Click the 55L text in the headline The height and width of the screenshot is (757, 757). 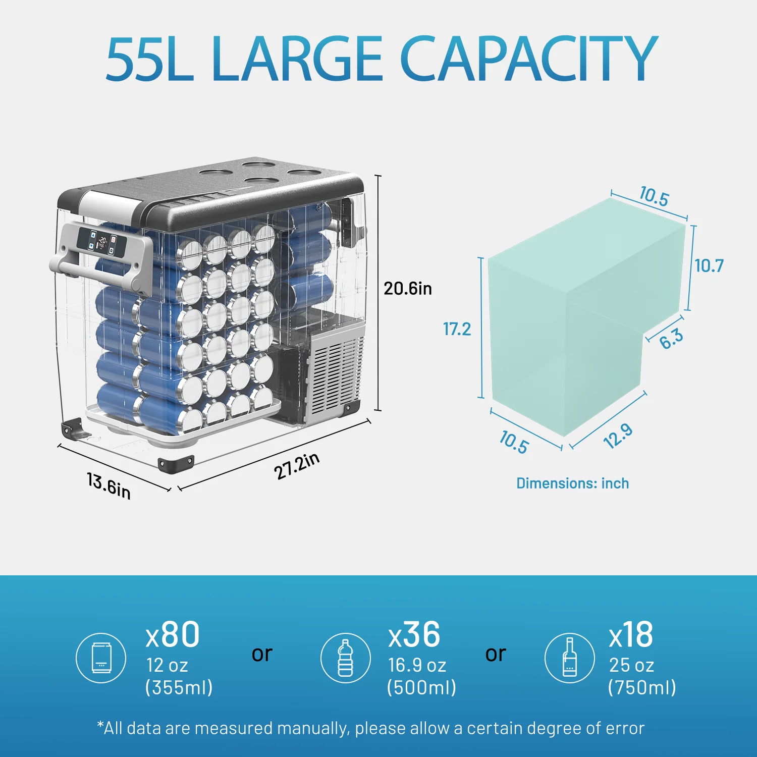pos(149,59)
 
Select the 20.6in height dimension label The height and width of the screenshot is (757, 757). pos(408,289)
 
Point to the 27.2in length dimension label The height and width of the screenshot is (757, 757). pos(297,466)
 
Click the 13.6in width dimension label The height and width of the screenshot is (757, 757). pos(109,485)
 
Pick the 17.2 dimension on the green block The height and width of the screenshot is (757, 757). pos(457,329)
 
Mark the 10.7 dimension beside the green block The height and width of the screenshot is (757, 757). pos(709,266)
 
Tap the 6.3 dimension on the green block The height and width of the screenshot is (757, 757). pos(671,338)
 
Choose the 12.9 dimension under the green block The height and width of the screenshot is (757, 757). pos(618,436)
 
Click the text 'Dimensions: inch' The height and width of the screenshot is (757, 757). pos(572,483)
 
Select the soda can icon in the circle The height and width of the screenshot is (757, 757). pos(101,658)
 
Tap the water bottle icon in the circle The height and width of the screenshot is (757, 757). pos(346,658)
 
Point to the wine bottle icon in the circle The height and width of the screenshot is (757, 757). pos(569,658)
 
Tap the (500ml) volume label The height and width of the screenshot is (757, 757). pos(421,687)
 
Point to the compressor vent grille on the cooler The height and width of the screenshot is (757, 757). pos(336,373)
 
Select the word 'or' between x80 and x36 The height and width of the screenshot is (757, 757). pos(262,654)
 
